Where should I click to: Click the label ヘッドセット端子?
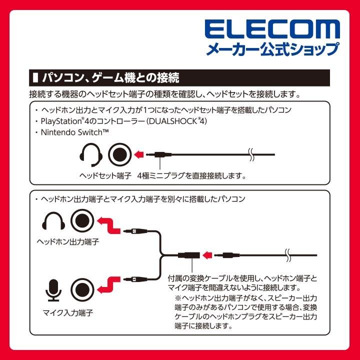click(x=105, y=176)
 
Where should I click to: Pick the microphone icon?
click(x=53, y=289)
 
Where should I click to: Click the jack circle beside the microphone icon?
click(x=82, y=289)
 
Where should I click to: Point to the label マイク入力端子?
click(x=68, y=313)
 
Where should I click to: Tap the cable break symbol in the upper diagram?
click(x=253, y=154)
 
